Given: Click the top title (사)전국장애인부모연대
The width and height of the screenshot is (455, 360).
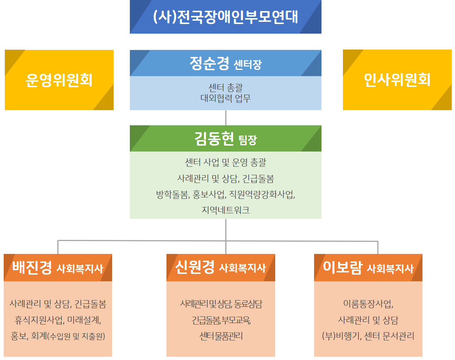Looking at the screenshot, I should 225,17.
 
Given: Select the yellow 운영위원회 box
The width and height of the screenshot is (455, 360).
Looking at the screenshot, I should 59,80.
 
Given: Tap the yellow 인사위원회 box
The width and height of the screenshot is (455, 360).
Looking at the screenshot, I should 397,80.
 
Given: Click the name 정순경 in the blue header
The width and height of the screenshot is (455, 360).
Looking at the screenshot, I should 209,63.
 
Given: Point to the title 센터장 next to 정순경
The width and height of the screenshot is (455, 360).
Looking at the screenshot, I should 248,65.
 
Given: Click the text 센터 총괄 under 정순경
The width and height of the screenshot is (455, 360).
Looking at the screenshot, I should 226,88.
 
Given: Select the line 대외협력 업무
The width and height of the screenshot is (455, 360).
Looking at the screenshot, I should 226,98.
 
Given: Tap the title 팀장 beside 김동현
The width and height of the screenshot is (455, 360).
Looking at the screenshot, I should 248,140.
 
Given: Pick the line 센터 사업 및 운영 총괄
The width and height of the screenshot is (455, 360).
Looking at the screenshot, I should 226,162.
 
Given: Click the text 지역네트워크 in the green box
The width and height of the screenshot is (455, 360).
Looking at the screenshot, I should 226,210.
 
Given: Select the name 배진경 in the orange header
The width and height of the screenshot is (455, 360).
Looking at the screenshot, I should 32,268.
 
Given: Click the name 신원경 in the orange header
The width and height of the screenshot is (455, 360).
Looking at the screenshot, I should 195,268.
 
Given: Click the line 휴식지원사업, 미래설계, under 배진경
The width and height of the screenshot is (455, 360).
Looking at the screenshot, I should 58,320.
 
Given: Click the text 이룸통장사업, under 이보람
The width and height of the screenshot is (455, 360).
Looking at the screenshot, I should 368,304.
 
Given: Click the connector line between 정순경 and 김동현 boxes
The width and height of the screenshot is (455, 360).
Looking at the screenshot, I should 226,118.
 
